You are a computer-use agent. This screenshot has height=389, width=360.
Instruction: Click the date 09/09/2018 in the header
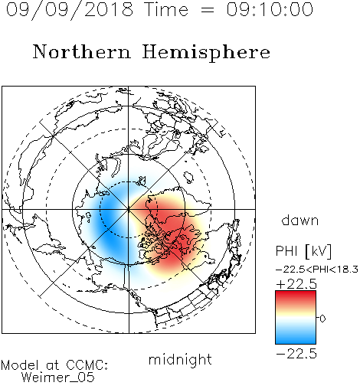click(70, 10)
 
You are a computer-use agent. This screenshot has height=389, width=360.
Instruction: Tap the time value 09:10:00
click(270, 9)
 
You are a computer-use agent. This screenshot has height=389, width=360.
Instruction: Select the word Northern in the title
click(82, 51)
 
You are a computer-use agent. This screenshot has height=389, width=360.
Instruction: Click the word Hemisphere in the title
click(206, 53)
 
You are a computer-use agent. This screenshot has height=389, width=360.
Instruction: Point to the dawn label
click(300, 220)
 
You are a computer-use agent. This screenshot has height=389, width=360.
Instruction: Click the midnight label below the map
click(180, 360)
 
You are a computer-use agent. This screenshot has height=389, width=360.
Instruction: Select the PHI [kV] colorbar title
click(304, 251)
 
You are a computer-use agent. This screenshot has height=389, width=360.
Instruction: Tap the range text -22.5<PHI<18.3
click(317, 270)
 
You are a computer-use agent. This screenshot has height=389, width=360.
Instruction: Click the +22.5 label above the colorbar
click(296, 284)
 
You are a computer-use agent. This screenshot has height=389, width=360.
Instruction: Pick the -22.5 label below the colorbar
click(296, 354)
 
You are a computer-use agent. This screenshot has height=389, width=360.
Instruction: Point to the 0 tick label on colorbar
click(322, 319)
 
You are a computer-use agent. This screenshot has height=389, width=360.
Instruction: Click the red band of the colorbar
click(296, 298)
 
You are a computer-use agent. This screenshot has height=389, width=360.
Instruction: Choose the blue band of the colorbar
click(296, 335)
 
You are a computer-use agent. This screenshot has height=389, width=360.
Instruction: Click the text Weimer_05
click(58, 378)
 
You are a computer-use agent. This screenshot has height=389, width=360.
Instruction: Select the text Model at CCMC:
click(54, 365)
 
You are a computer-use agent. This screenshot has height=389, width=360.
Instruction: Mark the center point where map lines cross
click(129, 209)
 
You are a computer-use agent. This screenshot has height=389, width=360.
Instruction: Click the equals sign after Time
click(208, 10)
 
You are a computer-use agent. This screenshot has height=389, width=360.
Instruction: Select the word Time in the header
click(166, 9)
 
